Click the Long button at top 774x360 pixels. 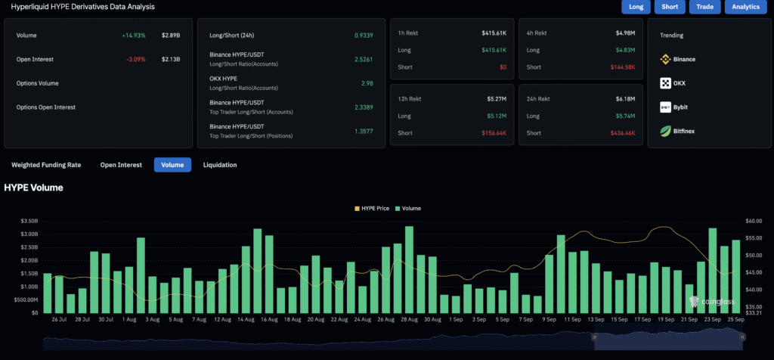click(x=636, y=7)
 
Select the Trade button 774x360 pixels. click(x=704, y=7)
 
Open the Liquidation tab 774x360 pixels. click(x=219, y=165)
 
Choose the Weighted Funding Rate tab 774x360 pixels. click(x=46, y=165)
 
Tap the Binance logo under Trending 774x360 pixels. click(x=666, y=59)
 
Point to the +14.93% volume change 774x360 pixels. click(x=133, y=36)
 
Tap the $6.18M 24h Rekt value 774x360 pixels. click(x=624, y=98)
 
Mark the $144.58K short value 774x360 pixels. click(x=623, y=67)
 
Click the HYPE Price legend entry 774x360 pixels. click(x=372, y=208)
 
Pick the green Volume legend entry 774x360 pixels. click(x=408, y=208)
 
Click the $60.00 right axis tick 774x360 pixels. click(x=753, y=221)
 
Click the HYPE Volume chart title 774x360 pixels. click(x=34, y=188)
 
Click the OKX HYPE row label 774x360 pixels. click(x=224, y=79)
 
